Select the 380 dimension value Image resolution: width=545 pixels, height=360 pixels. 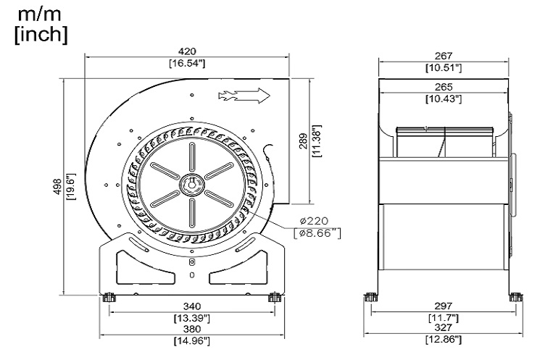[192, 328]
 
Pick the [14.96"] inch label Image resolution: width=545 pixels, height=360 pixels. [192, 340]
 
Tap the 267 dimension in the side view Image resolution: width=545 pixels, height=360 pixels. [444, 55]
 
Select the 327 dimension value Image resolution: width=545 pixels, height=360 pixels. [444, 328]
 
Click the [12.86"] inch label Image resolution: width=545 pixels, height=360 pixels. [444, 340]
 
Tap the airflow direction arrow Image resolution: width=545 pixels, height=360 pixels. [244, 95]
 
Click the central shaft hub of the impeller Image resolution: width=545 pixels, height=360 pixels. [191, 184]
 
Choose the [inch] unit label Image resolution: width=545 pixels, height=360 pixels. [41, 33]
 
